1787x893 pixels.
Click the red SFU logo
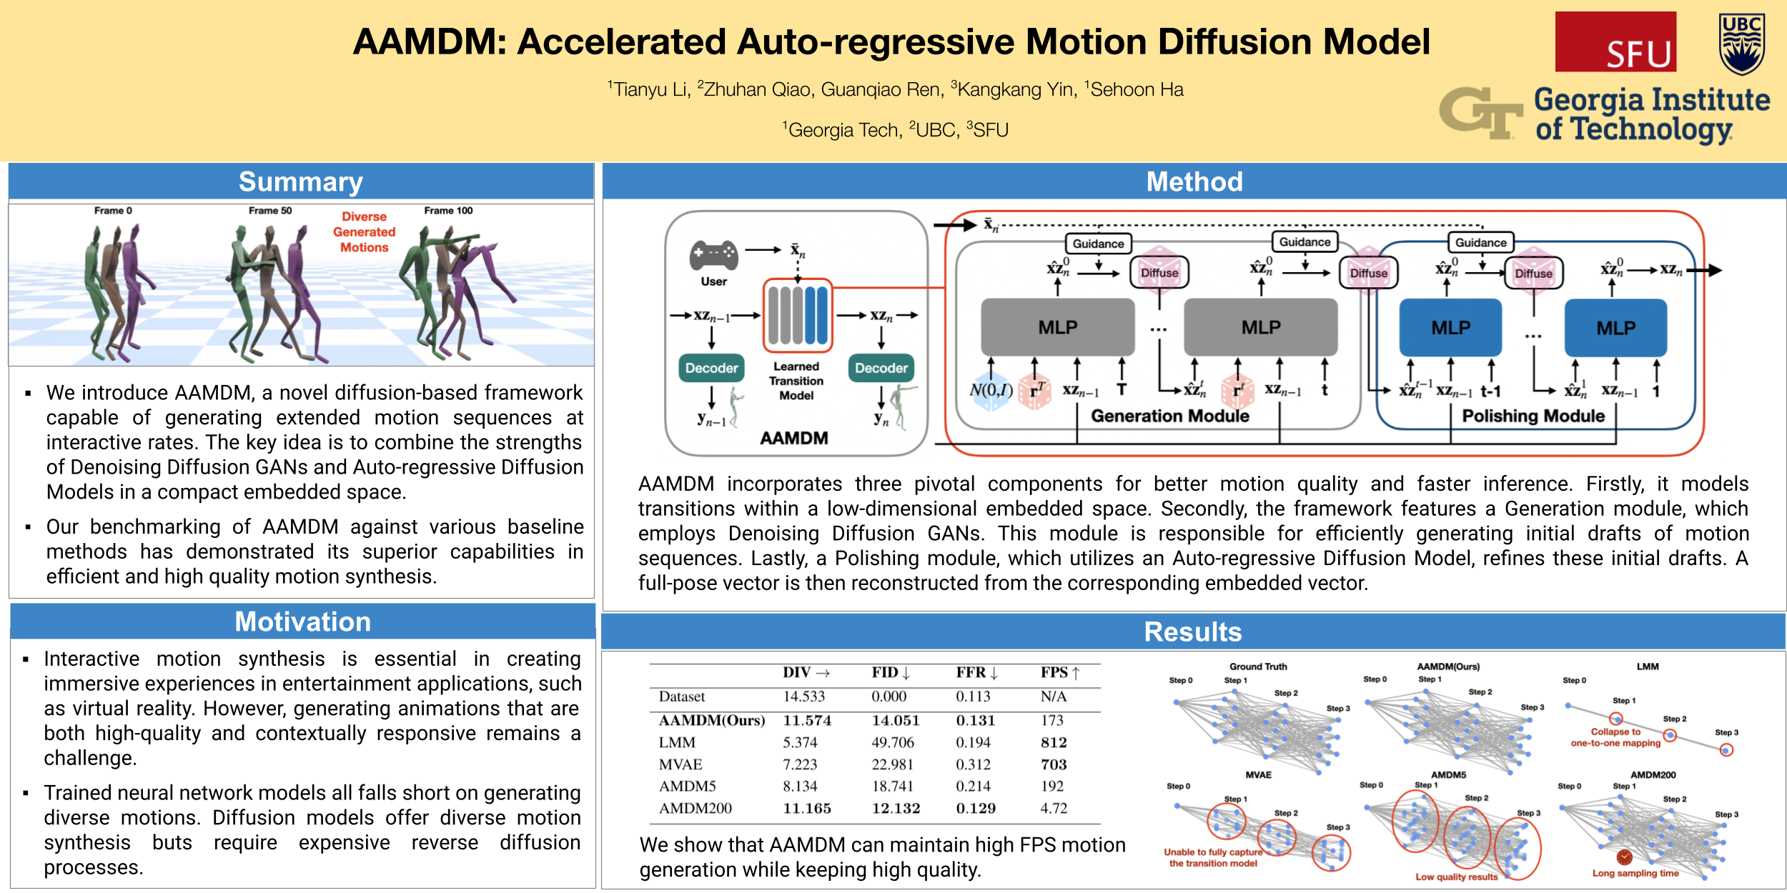[1615, 41]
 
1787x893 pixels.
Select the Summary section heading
[301, 181]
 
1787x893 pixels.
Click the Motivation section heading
[302, 622]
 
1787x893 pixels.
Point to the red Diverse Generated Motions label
[364, 232]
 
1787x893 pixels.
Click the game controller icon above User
[713, 254]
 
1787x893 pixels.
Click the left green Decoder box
[711, 368]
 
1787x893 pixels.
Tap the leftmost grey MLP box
[1057, 327]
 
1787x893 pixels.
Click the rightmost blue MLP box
[1615, 328]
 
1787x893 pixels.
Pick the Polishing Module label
[1533, 416]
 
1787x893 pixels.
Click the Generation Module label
[1169, 416]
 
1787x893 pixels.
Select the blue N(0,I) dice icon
[991, 390]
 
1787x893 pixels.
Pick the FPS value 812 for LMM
[1053, 742]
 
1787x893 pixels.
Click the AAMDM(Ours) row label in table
[711, 720]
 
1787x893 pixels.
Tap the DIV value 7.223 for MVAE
[799, 764]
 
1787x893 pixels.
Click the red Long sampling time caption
[1635, 873]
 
